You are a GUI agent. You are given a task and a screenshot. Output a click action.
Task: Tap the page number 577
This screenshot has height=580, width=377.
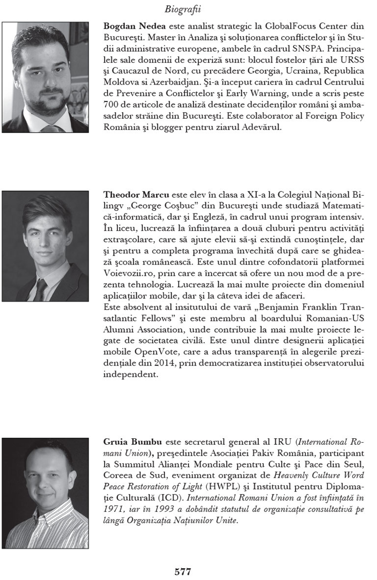[x=183, y=571]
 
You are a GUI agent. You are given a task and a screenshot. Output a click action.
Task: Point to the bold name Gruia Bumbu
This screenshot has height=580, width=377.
[x=127, y=442]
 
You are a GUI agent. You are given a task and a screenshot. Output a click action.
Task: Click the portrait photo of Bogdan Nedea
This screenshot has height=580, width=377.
[x=45, y=77]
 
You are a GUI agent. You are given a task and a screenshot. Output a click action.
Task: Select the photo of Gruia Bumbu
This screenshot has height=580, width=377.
[x=45, y=493]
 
